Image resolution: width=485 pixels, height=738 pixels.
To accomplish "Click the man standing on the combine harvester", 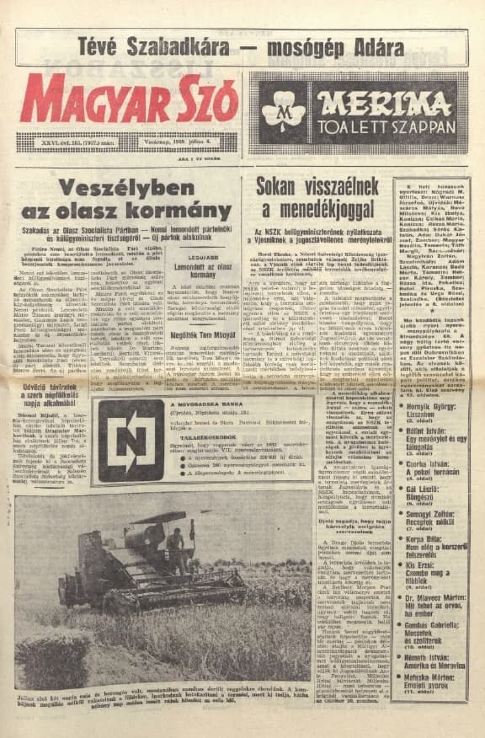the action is point(176,546).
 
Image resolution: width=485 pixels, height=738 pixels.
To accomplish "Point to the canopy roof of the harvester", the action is point(160,517).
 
